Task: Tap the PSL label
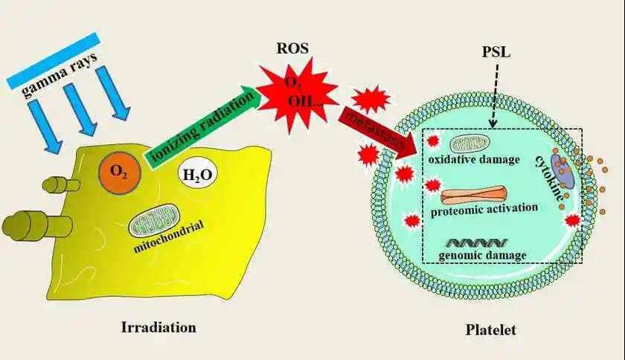click(494, 54)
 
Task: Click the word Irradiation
click(161, 327)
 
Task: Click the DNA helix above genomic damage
click(477, 242)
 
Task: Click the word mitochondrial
click(169, 237)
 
